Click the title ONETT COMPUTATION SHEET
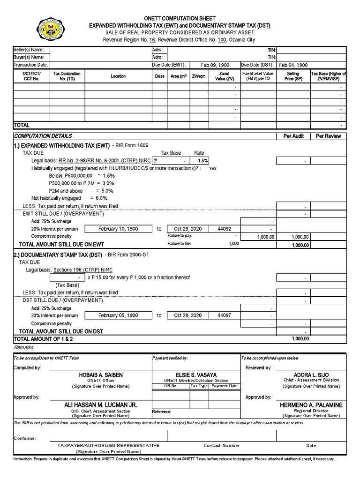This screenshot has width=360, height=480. [180, 18]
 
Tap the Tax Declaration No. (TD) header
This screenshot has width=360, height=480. [67, 76]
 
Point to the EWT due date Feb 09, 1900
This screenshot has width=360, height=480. [215, 65]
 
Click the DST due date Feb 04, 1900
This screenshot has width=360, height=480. [293, 65]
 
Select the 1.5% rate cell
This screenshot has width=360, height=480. [203, 161]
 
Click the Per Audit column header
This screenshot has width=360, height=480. [293, 136]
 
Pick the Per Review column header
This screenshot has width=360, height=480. [328, 136]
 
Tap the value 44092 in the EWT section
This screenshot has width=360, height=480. [224, 229]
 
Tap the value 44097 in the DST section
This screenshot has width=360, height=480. [224, 315]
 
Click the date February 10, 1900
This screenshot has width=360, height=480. [118, 229]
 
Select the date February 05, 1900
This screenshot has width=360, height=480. [118, 315]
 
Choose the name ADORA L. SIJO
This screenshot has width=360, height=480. [311, 375]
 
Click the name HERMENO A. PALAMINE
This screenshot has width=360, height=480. [311, 405]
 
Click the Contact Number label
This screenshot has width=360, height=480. [222, 445]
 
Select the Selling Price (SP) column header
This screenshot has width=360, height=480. [293, 76]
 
